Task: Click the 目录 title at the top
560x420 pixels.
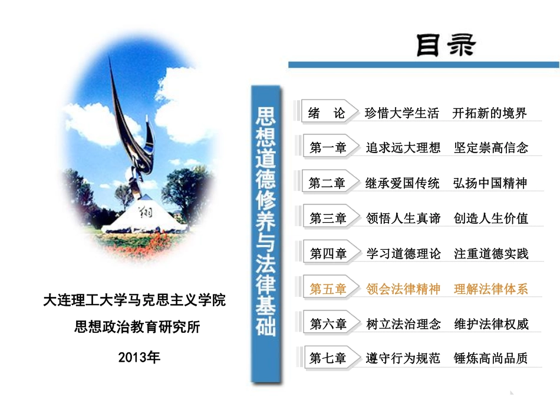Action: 445,45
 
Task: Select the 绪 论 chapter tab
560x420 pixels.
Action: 327,113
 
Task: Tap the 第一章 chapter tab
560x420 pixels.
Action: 328,148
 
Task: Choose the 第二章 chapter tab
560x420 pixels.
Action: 327,183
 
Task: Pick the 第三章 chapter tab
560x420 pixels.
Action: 328,219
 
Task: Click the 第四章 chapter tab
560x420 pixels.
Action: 328,254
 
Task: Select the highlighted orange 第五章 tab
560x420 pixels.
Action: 328,289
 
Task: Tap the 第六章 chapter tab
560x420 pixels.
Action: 328,323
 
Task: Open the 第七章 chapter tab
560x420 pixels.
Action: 328,358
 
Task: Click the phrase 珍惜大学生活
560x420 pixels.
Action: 402,113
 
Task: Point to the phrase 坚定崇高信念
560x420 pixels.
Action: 491,148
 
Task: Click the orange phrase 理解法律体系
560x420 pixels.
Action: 491,289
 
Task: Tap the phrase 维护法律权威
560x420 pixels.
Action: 491,323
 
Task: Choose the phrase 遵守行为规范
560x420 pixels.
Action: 403,358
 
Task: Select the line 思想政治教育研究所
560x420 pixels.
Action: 137,327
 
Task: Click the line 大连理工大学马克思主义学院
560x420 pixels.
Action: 134,300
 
